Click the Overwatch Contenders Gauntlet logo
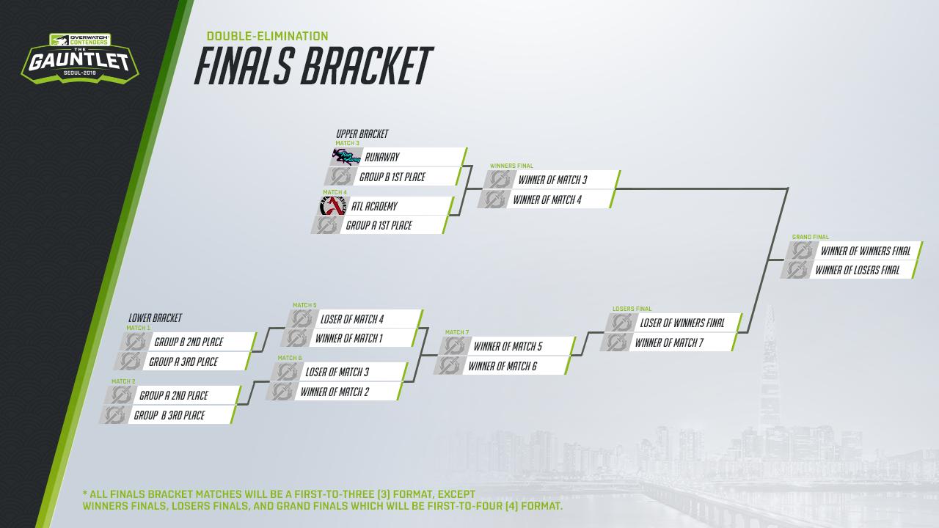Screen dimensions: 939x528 point(80,58)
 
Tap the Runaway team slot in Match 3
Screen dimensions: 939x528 point(398,157)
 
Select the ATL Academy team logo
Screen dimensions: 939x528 point(333,206)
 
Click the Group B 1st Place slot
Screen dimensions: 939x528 point(392,177)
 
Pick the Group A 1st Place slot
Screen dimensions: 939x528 point(380,225)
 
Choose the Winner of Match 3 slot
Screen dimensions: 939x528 point(552,180)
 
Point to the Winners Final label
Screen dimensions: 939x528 point(511,166)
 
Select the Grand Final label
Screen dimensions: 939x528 point(811,237)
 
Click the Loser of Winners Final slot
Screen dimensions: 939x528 point(673,323)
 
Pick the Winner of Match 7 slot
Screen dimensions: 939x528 point(668,342)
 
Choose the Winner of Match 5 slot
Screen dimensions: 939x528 point(507,346)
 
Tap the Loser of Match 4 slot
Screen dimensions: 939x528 point(354,319)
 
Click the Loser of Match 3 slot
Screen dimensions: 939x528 point(339,372)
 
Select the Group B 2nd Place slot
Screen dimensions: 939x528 point(189,342)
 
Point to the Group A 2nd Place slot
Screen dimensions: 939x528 point(173,395)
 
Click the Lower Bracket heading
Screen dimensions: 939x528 point(155,318)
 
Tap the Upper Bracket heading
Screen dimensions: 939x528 point(362,133)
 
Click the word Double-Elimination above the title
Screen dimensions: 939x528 point(268,36)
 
